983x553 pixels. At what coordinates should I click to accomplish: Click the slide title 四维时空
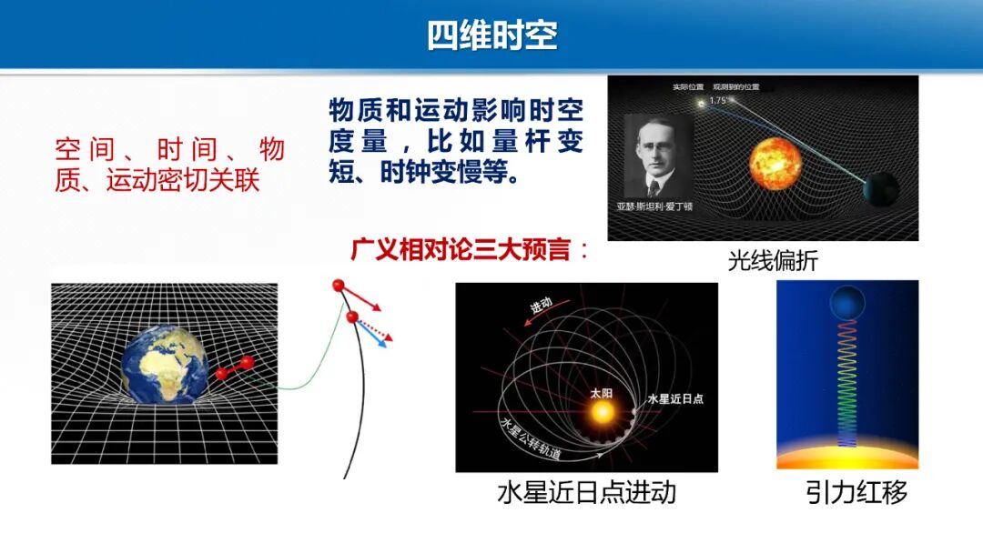click(491, 35)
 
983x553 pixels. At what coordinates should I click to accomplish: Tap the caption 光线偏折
click(773, 261)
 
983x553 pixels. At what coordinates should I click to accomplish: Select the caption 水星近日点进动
click(586, 493)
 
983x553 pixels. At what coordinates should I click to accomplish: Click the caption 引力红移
click(856, 493)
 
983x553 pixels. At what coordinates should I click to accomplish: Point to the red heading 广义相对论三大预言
click(464, 249)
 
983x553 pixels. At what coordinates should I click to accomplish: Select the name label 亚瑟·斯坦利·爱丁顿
click(654, 206)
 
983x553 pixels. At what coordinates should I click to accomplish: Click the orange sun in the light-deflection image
click(775, 163)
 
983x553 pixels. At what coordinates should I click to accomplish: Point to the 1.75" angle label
click(719, 101)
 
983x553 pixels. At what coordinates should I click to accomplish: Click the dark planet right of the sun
click(880, 188)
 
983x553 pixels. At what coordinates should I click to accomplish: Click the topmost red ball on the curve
click(339, 287)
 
